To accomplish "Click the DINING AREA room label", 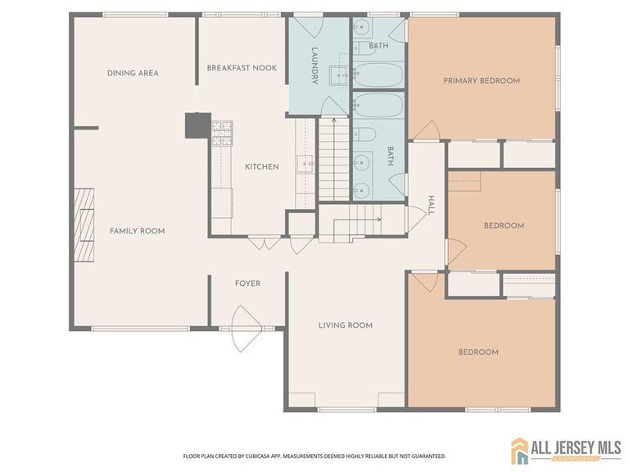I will point(133,73).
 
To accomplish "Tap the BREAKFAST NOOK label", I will point(242,68).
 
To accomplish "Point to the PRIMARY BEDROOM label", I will point(482,80).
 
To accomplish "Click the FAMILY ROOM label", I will point(137,231).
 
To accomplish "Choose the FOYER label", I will point(247,284).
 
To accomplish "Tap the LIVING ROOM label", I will point(345,325).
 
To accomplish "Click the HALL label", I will point(431,206).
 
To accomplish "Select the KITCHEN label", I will point(262,166).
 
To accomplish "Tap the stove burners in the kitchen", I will point(222,134).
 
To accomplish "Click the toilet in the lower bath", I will point(367,134).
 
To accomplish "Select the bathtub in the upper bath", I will point(378,75).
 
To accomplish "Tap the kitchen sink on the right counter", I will point(306,164).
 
